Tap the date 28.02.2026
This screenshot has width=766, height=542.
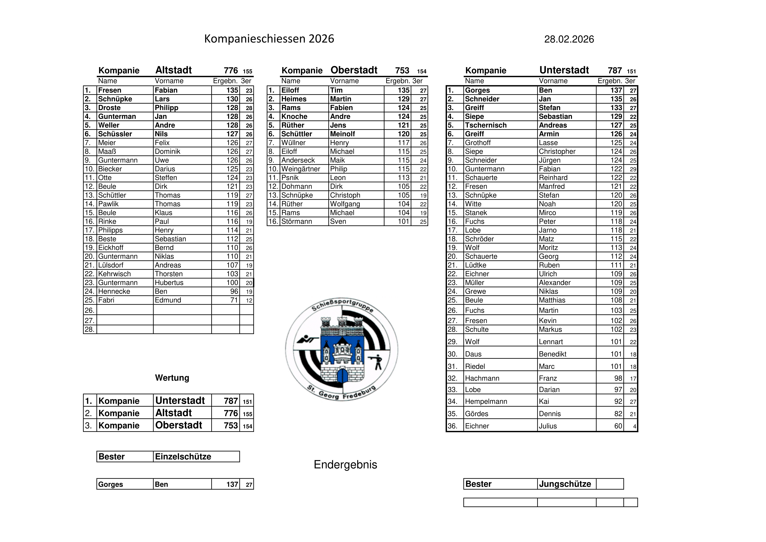click(569, 39)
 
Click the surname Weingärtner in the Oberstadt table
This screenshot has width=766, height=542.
click(301, 169)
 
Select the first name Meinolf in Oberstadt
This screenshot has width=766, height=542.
click(342, 134)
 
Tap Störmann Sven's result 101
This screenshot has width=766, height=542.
click(403, 221)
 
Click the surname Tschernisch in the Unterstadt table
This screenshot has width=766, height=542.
click(486, 125)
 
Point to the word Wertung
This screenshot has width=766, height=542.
click(172, 378)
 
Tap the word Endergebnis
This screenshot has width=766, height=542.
click(345, 464)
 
